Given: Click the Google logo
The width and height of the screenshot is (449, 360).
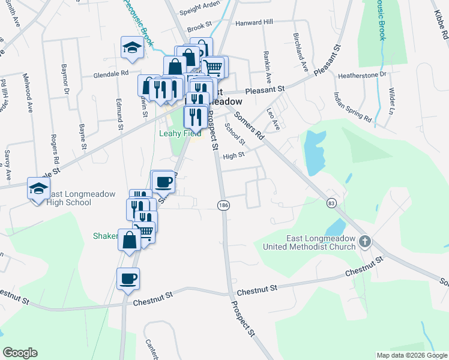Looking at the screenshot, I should pos(20,353).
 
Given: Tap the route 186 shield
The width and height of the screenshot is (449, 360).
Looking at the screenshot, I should pos(223,206).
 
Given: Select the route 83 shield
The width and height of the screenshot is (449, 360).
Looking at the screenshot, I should pos(331,204).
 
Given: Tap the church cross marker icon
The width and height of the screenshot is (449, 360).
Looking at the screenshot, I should pos(364,242).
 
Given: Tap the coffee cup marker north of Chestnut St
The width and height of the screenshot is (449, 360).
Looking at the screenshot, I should pos(128,278).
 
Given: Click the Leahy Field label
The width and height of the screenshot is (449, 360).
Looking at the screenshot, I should pos(179,133).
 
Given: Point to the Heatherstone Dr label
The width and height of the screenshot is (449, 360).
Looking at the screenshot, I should pos(363,76).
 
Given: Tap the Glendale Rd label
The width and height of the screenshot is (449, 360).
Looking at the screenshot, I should pos(111,73).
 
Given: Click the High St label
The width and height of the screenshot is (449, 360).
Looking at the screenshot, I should pos(234,155).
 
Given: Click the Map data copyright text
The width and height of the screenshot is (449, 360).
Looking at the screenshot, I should pos(411,355).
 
